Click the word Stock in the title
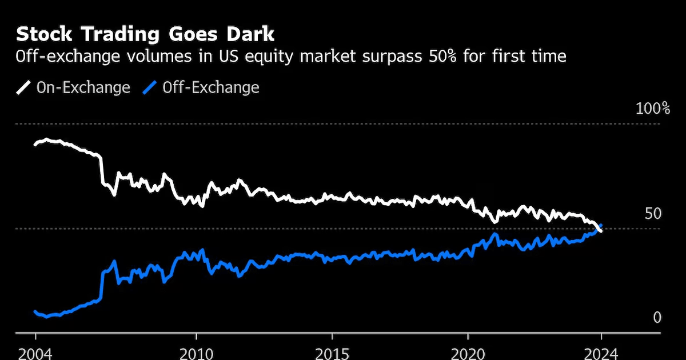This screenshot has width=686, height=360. click(43, 34)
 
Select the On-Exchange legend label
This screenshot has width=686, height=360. click(83, 87)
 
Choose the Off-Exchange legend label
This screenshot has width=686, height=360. click(210, 87)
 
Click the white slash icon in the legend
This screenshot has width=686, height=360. click(23, 87)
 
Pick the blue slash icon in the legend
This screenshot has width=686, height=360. click(150, 87)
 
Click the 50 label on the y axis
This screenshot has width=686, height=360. click(652, 214)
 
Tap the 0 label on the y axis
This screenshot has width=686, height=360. click(657, 318)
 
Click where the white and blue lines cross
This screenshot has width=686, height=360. click(598, 228)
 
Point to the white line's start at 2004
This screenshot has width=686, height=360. click(35, 144)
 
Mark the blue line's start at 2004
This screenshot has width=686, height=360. click(35, 311)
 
